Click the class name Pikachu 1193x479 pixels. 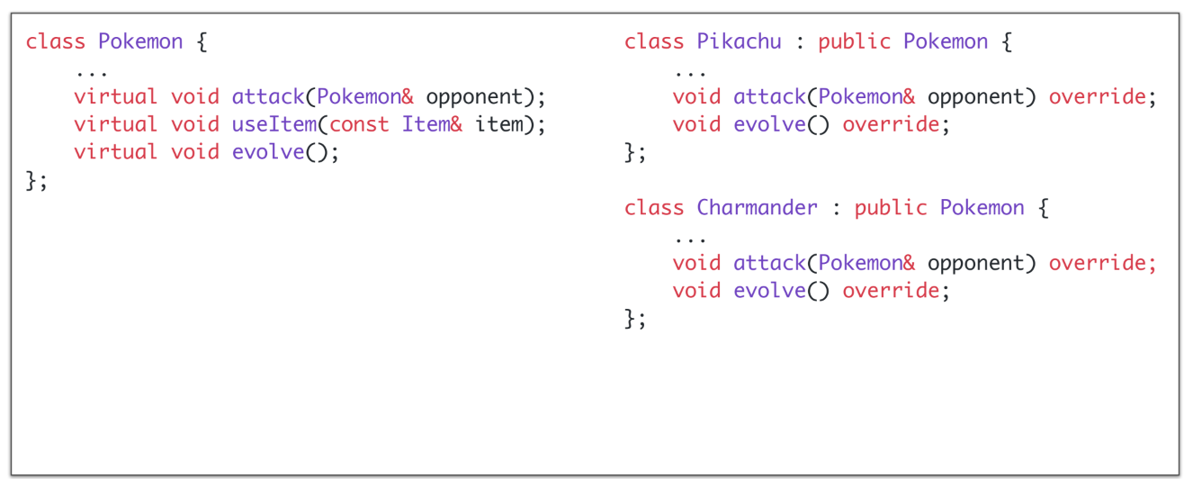pyautogui.click(x=739, y=42)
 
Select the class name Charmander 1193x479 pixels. pyautogui.click(x=757, y=208)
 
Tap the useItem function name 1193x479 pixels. pyautogui.click(x=274, y=124)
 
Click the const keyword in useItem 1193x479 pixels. pyautogui.click(x=359, y=124)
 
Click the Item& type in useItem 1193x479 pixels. pyautogui.click(x=432, y=124)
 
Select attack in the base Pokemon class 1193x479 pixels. pyautogui.click(x=268, y=97)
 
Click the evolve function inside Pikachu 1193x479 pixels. pyautogui.click(x=769, y=124)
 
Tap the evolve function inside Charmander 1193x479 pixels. pyautogui.click(x=769, y=291)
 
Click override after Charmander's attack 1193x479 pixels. pyautogui.click(x=1097, y=263)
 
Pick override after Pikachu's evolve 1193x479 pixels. pyautogui.click(x=891, y=124)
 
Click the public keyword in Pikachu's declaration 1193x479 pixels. pyautogui.click(x=854, y=42)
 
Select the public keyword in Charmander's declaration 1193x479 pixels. pyautogui.click(x=890, y=208)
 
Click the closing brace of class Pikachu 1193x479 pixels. pyautogui.click(x=631, y=152)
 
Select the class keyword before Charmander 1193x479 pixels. pyautogui.click(x=654, y=208)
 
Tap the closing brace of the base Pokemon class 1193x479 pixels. pyautogui.click(x=32, y=180)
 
